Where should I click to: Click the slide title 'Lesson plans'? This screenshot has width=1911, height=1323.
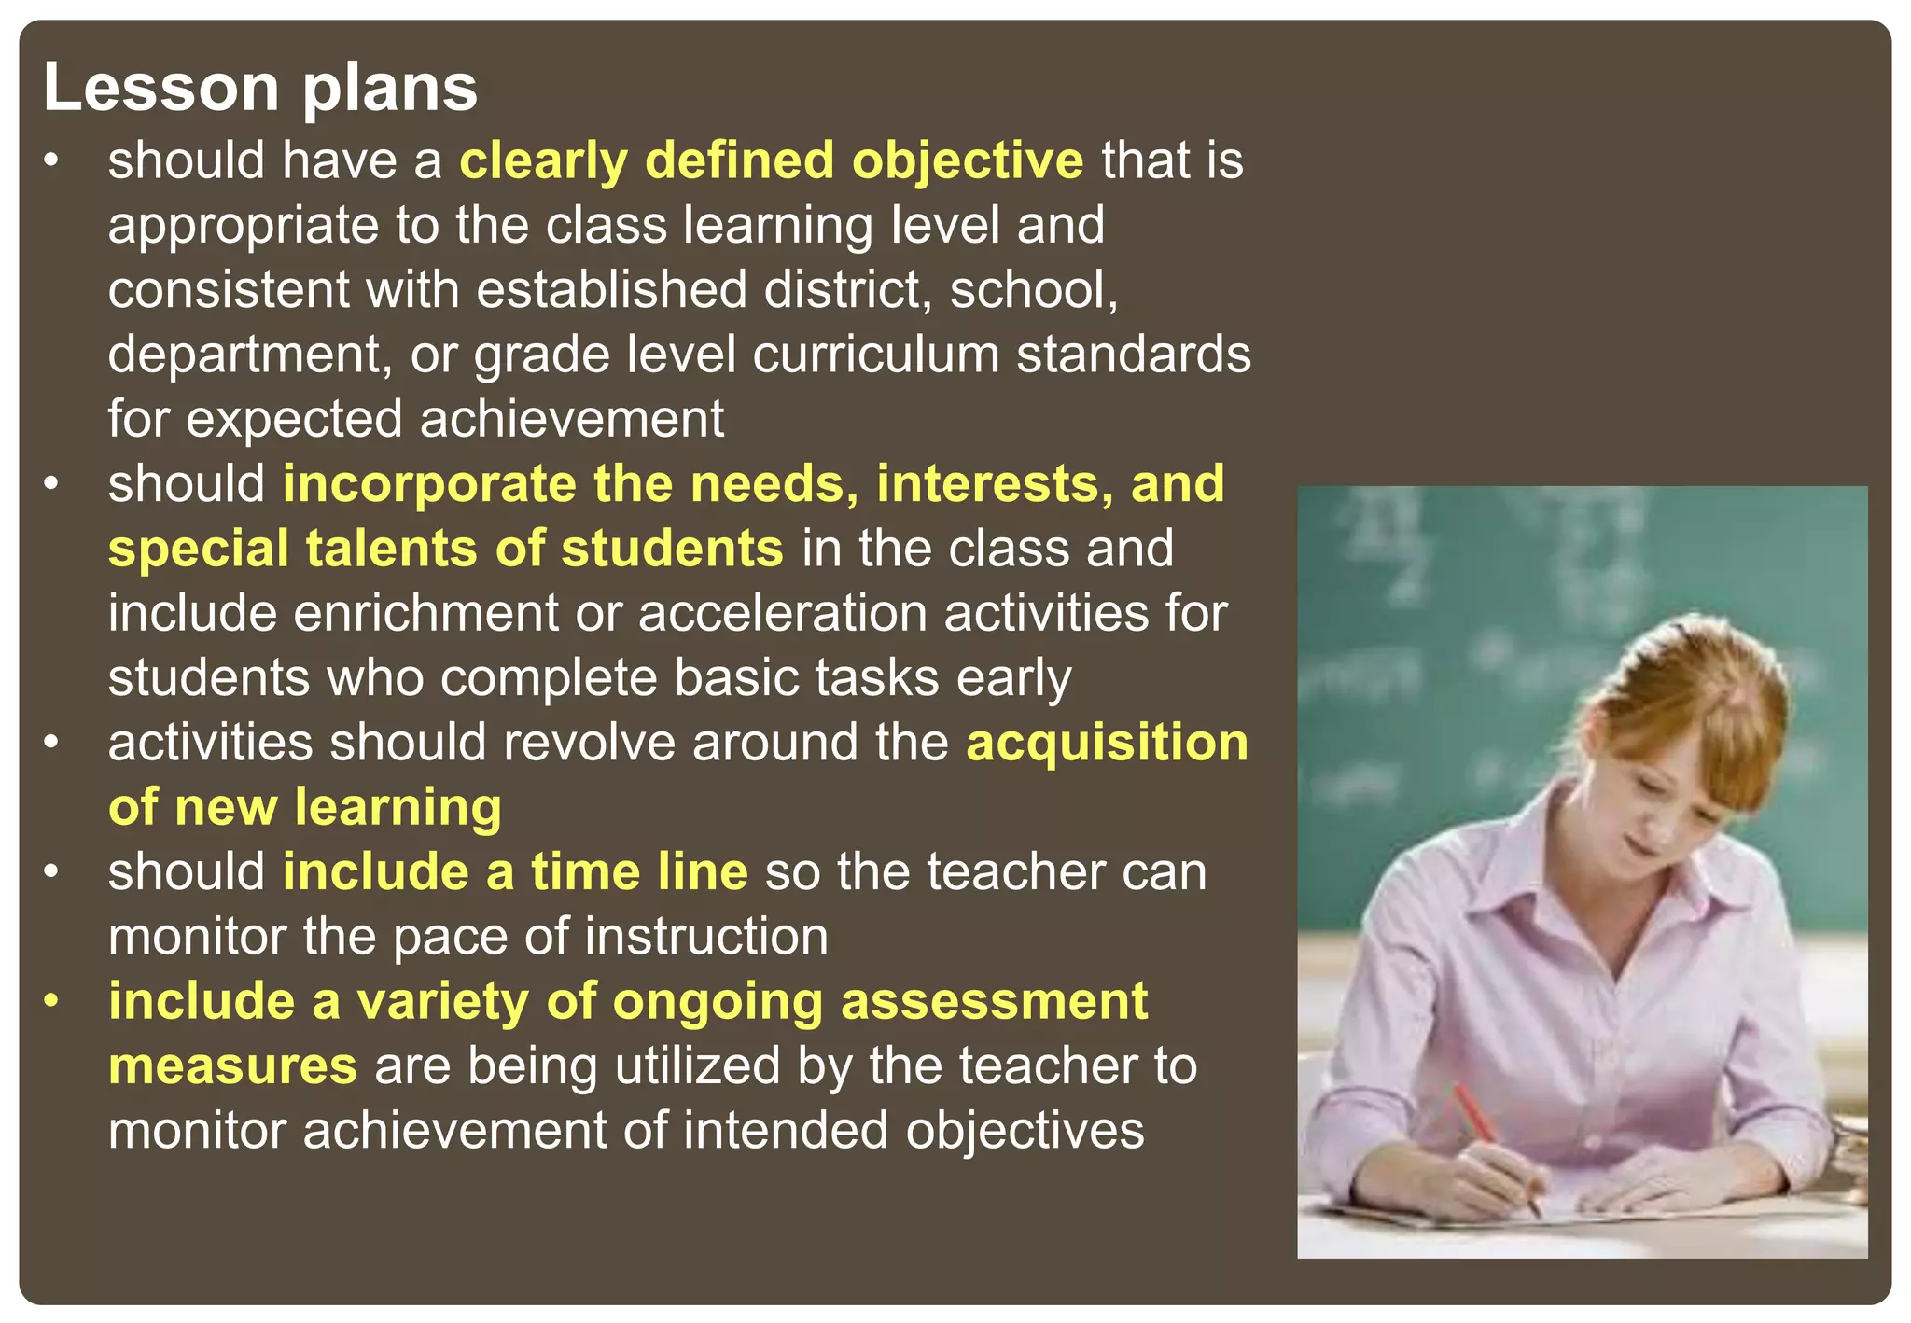260,88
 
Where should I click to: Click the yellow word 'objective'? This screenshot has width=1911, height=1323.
967,160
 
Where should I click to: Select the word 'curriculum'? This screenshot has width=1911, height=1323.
875,355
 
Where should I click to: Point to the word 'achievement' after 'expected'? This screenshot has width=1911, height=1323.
571,419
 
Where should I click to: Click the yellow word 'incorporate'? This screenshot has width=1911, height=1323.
429,484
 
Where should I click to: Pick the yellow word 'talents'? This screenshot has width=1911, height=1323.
391,549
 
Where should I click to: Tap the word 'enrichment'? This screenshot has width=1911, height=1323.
425,613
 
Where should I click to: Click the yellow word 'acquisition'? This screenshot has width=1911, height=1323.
1107,743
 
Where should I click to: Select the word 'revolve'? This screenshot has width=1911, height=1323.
588,743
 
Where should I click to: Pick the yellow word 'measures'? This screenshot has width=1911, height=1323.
232,1065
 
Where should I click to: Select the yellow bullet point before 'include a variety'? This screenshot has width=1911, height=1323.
52,1000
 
